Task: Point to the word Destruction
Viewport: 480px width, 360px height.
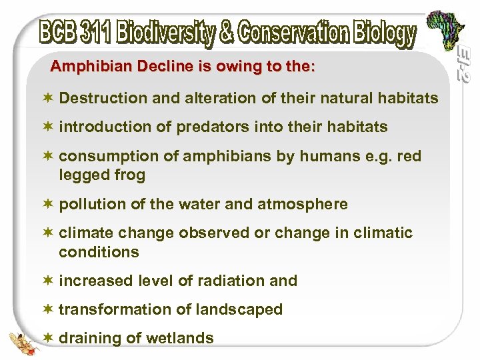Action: point(103,99)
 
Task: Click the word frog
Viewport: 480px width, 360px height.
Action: point(131,175)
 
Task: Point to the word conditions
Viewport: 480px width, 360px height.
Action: point(99,252)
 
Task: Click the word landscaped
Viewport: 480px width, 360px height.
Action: point(241,309)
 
